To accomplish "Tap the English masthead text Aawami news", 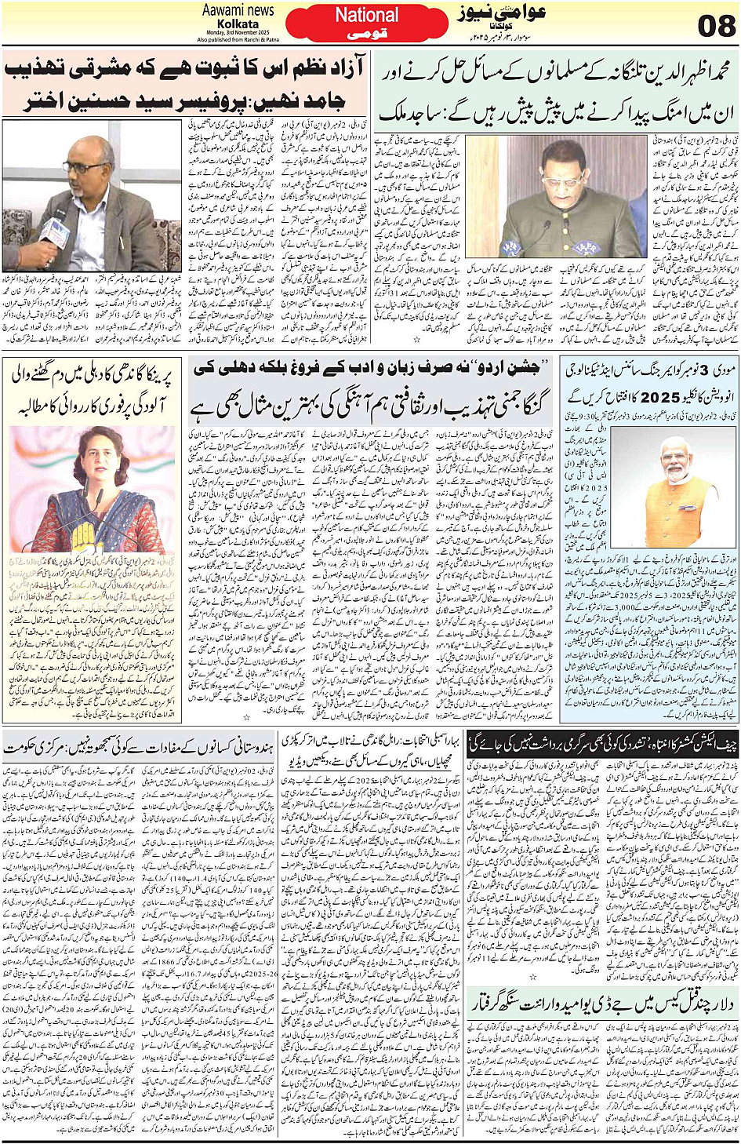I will [238, 10].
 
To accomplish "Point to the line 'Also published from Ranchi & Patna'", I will [238, 39].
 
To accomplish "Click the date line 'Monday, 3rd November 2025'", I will [238, 32].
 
